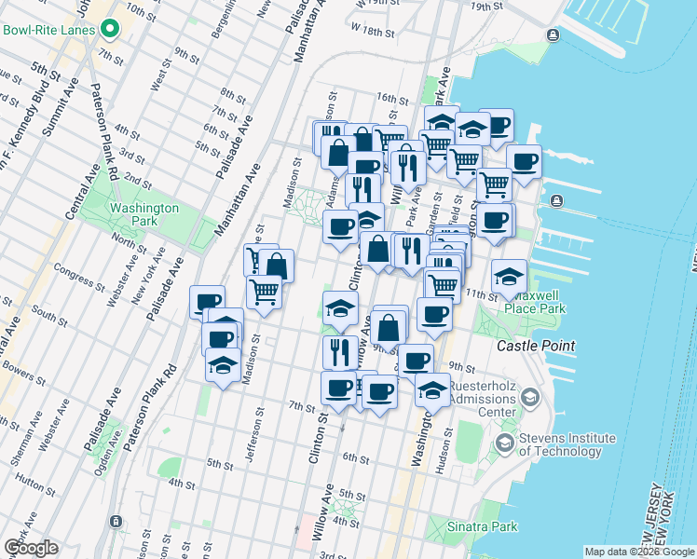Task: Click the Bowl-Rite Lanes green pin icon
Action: [110, 29]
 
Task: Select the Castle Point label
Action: [535, 346]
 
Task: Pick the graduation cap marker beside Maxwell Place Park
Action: [509, 276]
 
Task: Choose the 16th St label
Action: [387, 98]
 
